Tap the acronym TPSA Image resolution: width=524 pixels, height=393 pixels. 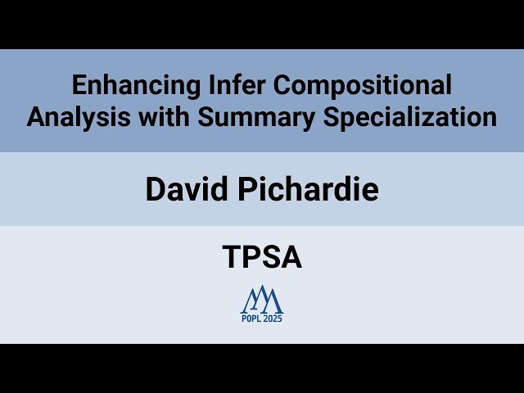click(262, 258)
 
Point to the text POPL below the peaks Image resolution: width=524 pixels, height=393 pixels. click(251, 318)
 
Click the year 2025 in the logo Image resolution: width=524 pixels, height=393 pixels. click(273, 318)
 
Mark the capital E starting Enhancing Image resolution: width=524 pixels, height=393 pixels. click(78, 84)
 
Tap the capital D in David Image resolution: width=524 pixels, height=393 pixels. click(155, 189)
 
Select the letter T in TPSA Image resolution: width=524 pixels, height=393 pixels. click(230, 258)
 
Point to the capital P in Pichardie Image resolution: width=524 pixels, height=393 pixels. click(251, 189)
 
